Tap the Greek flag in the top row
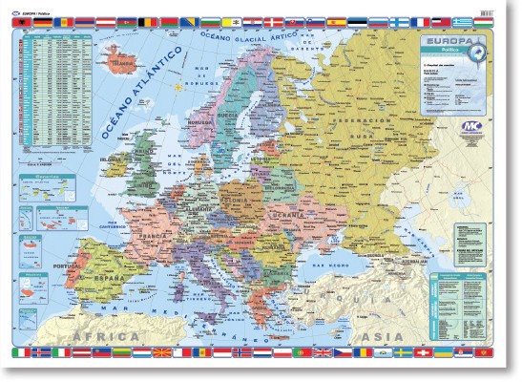463,21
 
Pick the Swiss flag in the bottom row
440,355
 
